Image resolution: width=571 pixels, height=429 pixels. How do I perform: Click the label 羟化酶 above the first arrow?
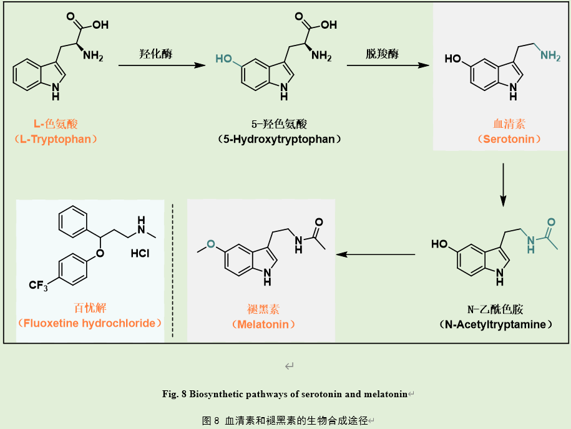click(155, 54)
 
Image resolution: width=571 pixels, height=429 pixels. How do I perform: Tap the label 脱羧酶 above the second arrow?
click(383, 54)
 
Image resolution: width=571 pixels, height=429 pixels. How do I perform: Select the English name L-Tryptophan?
click(56, 139)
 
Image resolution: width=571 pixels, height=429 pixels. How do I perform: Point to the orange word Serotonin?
click(509, 139)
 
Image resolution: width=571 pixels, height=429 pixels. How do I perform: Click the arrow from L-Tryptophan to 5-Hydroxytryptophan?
click(162, 65)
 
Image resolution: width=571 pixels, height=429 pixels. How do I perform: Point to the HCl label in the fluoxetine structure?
click(140, 254)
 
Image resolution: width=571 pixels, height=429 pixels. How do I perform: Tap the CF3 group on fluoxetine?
click(40, 286)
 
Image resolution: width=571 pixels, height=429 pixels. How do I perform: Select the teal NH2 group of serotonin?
click(550, 55)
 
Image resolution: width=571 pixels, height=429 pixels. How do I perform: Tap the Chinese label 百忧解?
click(90, 307)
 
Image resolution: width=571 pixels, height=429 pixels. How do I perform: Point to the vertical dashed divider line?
click(173, 271)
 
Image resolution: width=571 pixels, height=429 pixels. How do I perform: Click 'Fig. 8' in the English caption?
click(175, 393)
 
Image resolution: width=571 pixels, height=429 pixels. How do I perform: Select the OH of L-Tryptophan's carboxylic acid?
click(99, 26)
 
